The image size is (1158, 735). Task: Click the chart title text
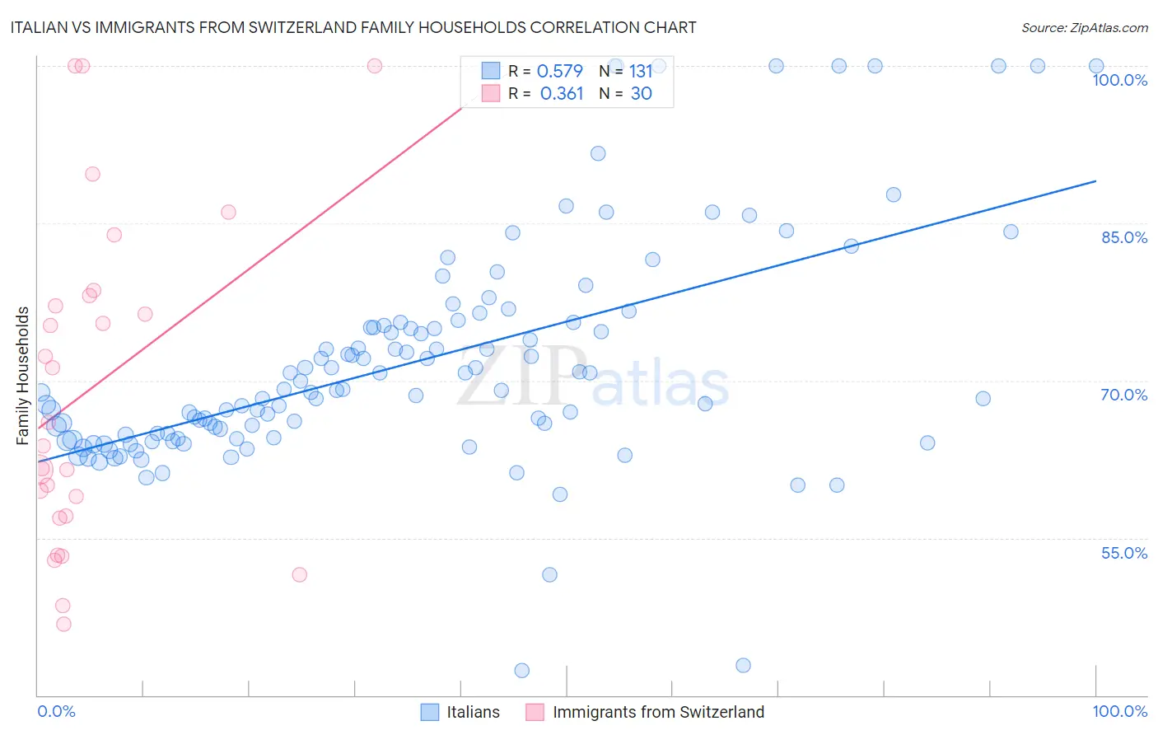[353, 27]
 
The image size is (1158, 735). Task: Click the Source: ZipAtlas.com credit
[1084, 27]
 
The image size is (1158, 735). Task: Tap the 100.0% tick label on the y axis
[1119, 80]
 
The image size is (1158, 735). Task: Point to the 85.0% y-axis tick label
[1124, 237]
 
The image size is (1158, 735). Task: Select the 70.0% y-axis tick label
[1124, 395]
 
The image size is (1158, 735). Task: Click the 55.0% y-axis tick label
[1124, 553]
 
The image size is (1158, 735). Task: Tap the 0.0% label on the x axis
[56, 711]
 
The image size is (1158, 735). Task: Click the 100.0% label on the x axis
[1119, 711]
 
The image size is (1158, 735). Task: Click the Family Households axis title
[23, 376]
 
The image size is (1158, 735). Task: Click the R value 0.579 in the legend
[559, 71]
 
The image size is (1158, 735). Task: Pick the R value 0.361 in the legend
[561, 93]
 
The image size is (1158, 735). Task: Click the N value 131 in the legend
[641, 71]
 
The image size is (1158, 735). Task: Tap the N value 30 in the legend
[641, 93]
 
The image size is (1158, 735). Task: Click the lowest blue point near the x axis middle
[521, 671]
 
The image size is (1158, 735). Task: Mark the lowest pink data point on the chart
[63, 624]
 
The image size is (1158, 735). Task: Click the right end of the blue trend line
[1095, 180]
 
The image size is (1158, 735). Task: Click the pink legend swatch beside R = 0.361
[491, 93]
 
